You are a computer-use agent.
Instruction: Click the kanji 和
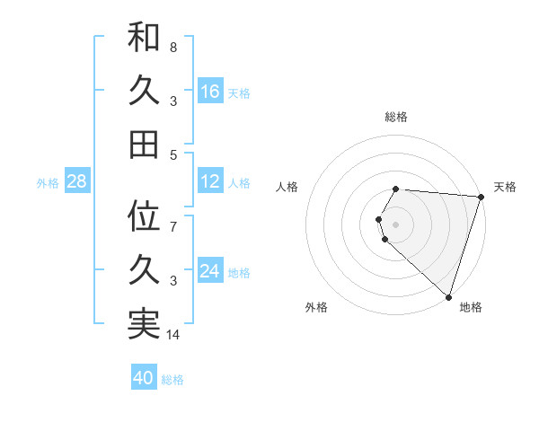pos(144,39)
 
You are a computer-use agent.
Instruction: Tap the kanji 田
pos(144,144)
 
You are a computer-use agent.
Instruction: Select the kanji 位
pos(144,216)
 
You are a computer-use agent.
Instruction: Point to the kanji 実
pos(144,323)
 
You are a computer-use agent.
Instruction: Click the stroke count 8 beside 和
pos(173,47)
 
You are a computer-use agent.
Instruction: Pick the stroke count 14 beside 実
pos(174,335)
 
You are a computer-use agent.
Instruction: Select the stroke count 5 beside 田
pos(173,154)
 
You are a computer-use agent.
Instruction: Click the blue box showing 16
pos(210,92)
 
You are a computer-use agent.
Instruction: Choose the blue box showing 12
pos(210,181)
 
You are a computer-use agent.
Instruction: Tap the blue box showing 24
pos(210,271)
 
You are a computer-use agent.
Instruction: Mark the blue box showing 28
pos(76,181)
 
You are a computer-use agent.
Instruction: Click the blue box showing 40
pos(144,378)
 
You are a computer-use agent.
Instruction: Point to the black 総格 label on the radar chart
pos(396,117)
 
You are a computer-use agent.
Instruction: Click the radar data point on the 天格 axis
pos(481,197)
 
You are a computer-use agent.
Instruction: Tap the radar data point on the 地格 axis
pos(448,296)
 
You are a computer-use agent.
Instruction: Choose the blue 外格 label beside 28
pos(48,182)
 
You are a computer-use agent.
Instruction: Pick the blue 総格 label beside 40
pos(172,380)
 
